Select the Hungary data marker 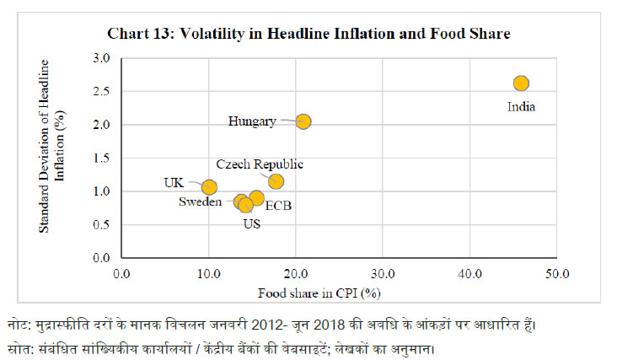coord(303,121)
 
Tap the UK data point coord(209,187)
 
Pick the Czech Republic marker coord(276,181)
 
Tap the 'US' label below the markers coord(251,223)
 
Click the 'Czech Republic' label coord(260,164)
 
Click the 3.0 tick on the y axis coord(102,58)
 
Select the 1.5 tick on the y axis coord(102,158)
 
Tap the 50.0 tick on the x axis coord(556,273)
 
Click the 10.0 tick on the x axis coord(208,273)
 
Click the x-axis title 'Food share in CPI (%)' coord(317,293)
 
